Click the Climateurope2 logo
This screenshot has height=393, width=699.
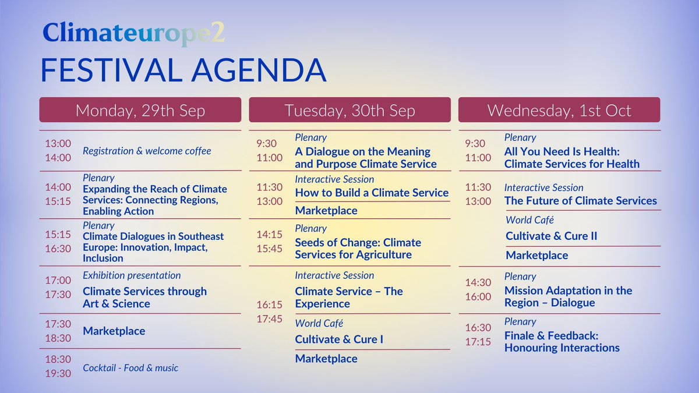133,34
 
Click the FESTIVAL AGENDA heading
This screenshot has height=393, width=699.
183,70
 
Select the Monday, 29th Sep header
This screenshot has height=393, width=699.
140,110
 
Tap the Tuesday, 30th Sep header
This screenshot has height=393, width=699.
349,110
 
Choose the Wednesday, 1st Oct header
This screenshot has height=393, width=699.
559,110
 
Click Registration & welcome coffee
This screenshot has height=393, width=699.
147,151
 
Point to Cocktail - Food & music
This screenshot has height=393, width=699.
130,367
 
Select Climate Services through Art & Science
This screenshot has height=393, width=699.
144,298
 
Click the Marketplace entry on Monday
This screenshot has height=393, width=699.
114,331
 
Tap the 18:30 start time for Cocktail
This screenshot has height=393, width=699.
58,360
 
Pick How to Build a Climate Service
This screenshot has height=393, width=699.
372,193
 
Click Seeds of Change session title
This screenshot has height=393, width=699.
358,249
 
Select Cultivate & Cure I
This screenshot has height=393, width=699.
339,339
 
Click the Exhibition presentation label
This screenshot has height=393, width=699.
132,275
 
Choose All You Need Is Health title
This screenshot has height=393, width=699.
571,158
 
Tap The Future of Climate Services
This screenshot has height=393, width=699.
580,201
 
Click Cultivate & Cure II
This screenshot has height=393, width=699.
551,236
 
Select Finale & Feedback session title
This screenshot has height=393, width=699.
562,342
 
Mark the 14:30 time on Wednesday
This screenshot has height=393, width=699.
478,282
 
